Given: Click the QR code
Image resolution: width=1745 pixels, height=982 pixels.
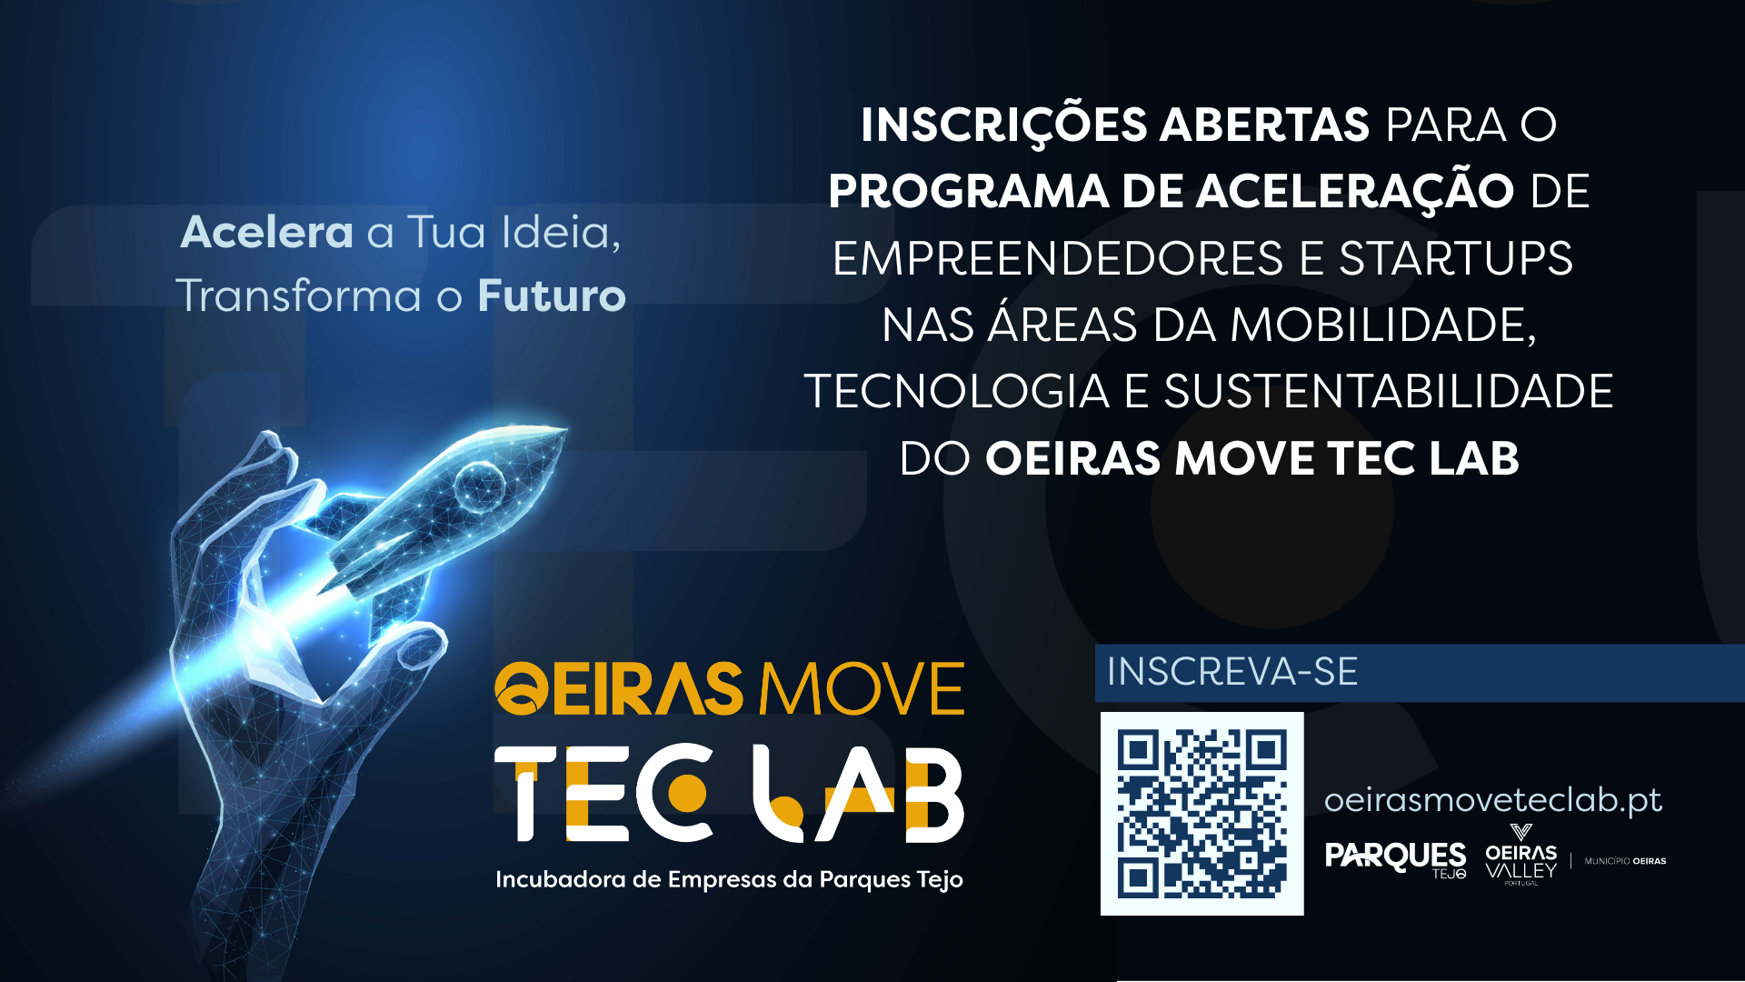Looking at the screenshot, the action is pyautogui.click(x=1202, y=813).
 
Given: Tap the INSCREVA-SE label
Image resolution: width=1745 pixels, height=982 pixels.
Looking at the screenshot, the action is pyautogui.click(x=1232, y=672).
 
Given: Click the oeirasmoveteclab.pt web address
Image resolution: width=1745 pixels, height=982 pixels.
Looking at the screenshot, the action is pyautogui.click(x=1492, y=800).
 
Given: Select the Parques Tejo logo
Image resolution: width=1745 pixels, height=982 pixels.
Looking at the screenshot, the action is pyautogui.click(x=1396, y=859).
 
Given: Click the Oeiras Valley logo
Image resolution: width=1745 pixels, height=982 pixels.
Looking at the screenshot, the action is pyautogui.click(x=1521, y=855).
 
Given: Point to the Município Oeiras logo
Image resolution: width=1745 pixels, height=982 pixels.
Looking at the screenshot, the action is pyautogui.click(x=1625, y=861).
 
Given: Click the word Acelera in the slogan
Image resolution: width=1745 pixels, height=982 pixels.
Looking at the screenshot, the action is pyautogui.click(x=267, y=233).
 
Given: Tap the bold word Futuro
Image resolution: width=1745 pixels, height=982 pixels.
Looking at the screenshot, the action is pyautogui.click(x=552, y=296).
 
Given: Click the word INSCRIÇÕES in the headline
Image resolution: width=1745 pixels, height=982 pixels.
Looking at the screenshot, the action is pyautogui.click(x=1004, y=125).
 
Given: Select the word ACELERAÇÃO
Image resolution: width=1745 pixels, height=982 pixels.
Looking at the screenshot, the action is pyautogui.click(x=1354, y=191).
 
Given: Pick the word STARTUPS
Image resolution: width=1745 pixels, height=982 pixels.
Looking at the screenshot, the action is pyautogui.click(x=1456, y=258).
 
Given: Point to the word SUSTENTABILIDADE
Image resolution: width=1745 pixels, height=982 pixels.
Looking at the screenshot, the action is pyautogui.click(x=1389, y=392).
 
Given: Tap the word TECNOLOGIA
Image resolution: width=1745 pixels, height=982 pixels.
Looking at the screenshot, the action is pyautogui.click(x=957, y=392).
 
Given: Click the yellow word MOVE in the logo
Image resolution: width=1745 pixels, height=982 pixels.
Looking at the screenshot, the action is pyautogui.click(x=862, y=689).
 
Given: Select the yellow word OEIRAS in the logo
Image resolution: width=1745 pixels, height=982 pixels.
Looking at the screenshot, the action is pyautogui.click(x=619, y=689).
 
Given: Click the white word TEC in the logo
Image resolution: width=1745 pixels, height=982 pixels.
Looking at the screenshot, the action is pyautogui.click(x=603, y=793).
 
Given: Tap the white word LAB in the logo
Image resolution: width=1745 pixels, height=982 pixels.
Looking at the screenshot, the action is pyautogui.click(x=858, y=793).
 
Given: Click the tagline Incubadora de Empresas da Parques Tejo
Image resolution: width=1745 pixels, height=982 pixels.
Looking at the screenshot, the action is pyautogui.click(x=729, y=880).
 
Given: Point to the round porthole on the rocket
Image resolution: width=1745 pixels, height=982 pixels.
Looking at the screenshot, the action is pyautogui.click(x=479, y=485).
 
